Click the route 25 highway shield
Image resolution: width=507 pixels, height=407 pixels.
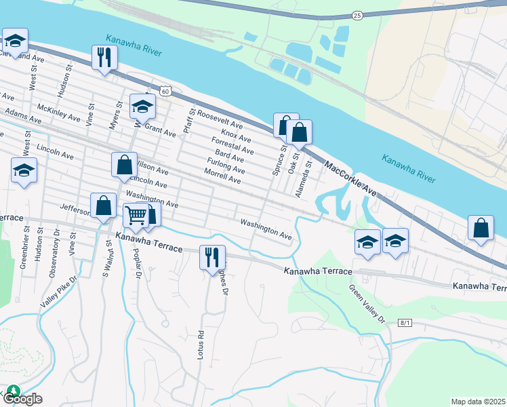pos(358,15)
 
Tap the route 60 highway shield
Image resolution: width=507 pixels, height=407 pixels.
pos(166,90)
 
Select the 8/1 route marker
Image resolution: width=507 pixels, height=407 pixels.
pos(405,323)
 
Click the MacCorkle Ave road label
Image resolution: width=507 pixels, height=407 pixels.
pos(350,180)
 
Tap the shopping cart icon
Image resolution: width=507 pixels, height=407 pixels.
pos(136,215)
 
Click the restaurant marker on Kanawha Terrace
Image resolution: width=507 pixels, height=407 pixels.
pos(212,256)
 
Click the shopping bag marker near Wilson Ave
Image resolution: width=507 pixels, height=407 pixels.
pos(124,164)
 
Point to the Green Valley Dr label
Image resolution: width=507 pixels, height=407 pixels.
pos(367,304)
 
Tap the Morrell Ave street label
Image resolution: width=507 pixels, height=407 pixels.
pos(223,177)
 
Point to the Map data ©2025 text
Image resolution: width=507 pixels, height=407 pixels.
pos(478,402)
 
